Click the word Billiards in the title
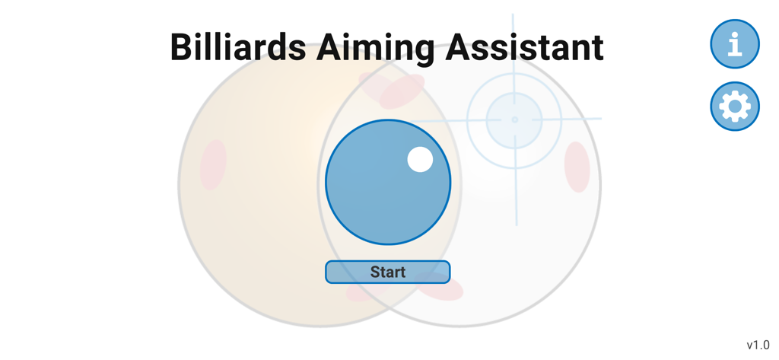237,47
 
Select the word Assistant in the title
524,47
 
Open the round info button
734,44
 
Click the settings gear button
734,106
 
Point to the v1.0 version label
758,345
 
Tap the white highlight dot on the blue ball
420,159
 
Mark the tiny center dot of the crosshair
514,119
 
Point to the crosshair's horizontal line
582,119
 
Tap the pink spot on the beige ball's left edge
213,164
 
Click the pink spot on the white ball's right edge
577,167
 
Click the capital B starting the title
181,47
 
